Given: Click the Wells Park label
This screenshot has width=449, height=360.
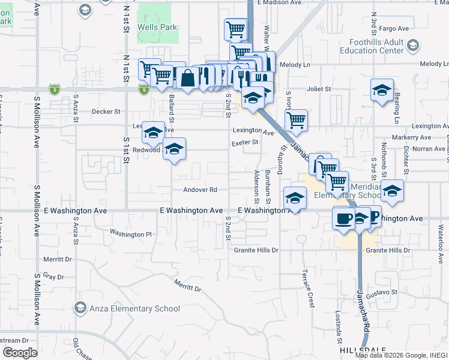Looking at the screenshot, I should point(157,28).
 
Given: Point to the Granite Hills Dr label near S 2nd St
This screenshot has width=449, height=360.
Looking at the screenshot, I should point(256,250).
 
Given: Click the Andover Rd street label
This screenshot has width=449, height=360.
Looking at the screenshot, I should point(200,190).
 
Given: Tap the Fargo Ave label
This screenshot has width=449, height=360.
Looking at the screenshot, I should point(394,28).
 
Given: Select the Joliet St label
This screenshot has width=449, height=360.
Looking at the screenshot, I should point(319,89).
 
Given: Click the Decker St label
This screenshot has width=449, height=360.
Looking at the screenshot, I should point(106,112).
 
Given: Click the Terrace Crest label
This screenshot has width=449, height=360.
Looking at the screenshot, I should point(310,289).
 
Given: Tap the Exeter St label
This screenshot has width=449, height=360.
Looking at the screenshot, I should point(246,142).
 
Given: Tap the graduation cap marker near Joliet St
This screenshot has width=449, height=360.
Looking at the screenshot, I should point(382,90).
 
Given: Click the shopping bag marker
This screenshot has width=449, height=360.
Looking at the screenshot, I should point(188,78).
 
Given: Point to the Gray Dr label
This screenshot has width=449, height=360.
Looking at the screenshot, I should point(53,277).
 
